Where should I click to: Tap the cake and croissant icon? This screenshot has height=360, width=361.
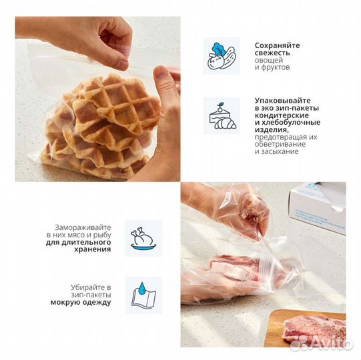(x=220, y=117)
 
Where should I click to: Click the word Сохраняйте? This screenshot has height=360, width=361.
(x=277, y=45)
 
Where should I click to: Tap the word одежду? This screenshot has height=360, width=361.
(x=97, y=302)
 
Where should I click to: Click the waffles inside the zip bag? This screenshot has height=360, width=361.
(x=100, y=127)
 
